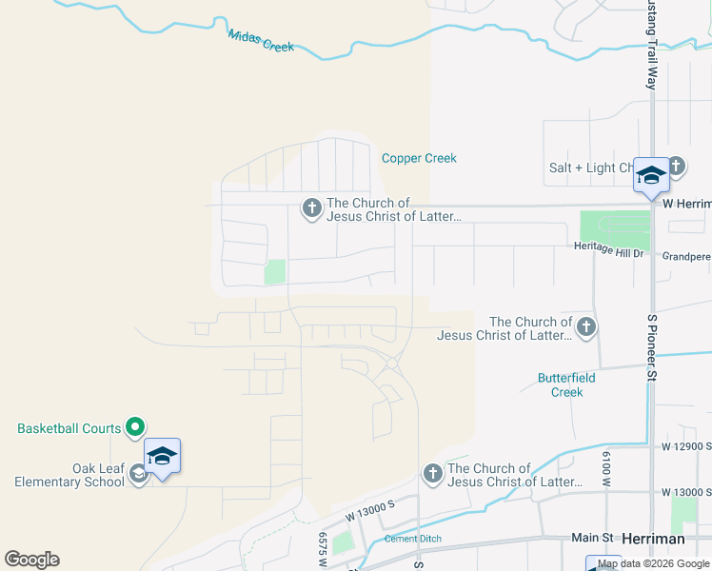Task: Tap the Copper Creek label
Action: click(x=419, y=158)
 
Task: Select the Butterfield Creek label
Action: click(x=566, y=384)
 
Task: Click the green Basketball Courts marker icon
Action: click(x=135, y=428)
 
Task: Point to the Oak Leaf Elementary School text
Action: click(x=70, y=475)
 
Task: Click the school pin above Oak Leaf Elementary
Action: click(x=162, y=458)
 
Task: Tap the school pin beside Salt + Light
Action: click(x=651, y=176)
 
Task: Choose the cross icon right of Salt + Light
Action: click(x=676, y=167)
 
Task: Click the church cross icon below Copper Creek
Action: click(x=311, y=207)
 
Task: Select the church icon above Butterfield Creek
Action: click(x=585, y=328)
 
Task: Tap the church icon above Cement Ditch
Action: click(x=432, y=474)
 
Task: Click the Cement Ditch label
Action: click(x=413, y=539)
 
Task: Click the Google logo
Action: click(x=32, y=560)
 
